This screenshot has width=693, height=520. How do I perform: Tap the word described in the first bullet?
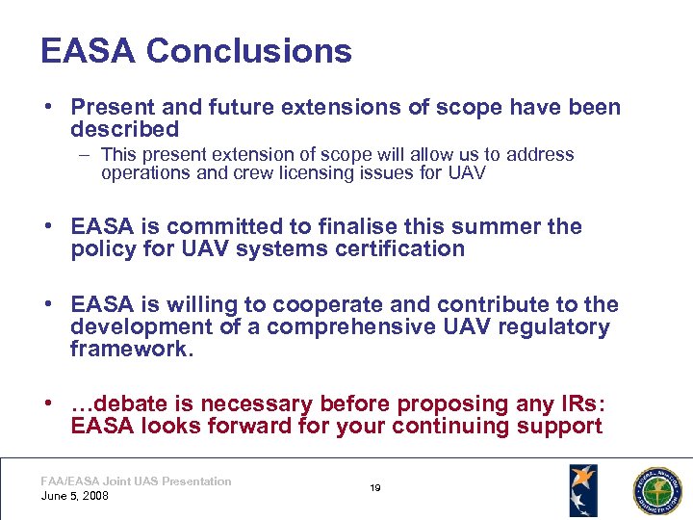125,129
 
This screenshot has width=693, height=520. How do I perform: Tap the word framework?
132,350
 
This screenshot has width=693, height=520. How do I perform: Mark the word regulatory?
554,327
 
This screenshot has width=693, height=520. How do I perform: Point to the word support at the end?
560,426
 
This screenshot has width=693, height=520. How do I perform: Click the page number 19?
375,488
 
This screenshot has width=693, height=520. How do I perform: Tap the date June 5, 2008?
75,496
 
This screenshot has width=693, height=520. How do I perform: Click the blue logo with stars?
583,489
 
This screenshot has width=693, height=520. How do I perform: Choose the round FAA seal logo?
654,490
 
